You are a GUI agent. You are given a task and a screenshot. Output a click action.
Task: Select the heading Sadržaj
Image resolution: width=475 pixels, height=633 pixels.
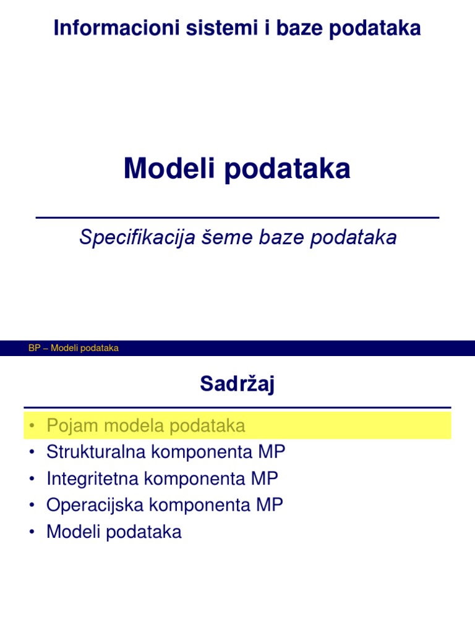click(237, 384)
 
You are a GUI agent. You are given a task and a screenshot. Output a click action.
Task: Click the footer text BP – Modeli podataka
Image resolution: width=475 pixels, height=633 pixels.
click(74, 348)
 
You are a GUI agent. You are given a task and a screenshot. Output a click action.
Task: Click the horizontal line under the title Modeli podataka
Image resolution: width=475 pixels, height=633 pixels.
click(237, 218)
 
